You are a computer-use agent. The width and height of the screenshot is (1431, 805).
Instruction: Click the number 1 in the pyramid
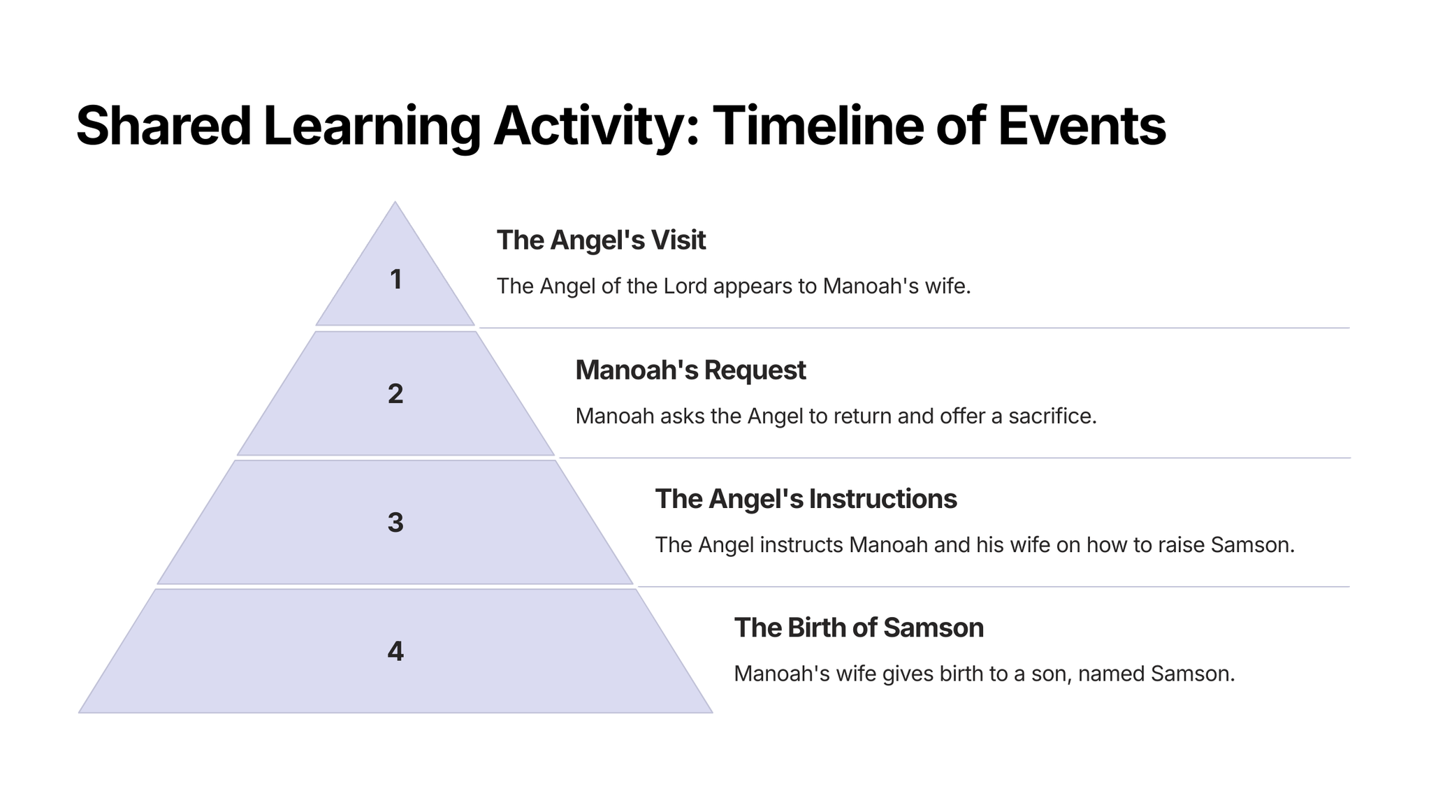pyautogui.click(x=395, y=280)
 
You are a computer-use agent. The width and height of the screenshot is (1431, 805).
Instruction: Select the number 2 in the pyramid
pyautogui.click(x=395, y=394)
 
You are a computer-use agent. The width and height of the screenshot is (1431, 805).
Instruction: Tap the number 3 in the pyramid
pyautogui.click(x=395, y=523)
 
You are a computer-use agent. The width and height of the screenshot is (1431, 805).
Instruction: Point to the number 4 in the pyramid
pyautogui.click(x=395, y=651)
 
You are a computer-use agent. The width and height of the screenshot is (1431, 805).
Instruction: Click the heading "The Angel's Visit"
pyautogui.click(x=601, y=240)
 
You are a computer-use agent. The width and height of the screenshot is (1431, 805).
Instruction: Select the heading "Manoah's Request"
pyautogui.click(x=690, y=370)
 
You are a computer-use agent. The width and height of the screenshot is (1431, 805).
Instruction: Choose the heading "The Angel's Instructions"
pyautogui.click(x=806, y=499)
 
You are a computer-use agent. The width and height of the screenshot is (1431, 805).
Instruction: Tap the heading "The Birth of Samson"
pyautogui.click(x=859, y=628)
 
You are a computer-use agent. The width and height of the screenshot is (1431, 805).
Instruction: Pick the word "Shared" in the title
pyautogui.click(x=164, y=126)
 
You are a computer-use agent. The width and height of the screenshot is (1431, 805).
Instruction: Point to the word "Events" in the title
pyautogui.click(x=1082, y=126)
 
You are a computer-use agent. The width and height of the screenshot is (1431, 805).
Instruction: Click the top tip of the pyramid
pyautogui.click(x=395, y=202)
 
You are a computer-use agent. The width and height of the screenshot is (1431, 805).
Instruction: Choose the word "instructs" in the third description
pyautogui.click(x=801, y=545)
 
